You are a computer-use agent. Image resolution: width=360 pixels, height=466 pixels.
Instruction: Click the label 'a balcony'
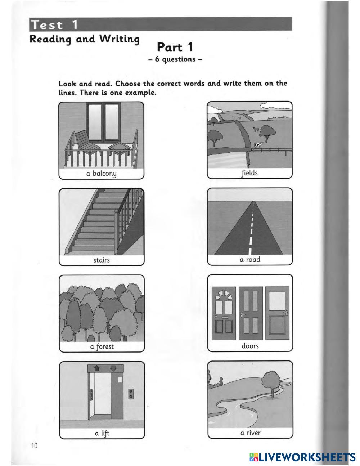[101, 174]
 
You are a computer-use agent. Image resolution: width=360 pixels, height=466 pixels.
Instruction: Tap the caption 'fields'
[249, 173]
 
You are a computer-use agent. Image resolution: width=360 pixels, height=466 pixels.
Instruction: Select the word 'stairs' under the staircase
[102, 260]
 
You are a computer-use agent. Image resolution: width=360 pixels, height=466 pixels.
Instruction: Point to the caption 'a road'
[250, 259]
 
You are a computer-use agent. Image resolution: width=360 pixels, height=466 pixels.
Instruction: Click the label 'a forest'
[102, 346]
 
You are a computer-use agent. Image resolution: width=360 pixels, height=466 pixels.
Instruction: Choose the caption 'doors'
[250, 346]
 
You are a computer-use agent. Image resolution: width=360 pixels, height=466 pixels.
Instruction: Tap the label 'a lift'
[102, 433]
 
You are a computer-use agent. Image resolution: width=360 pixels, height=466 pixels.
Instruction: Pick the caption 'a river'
[250, 433]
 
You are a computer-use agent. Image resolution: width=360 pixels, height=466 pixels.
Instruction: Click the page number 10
[34, 446]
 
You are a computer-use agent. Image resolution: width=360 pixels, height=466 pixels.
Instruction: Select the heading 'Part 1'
[175, 47]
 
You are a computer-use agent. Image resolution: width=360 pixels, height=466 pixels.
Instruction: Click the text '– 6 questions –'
[175, 59]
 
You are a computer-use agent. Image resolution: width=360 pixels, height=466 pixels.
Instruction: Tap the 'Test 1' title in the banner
[54, 25]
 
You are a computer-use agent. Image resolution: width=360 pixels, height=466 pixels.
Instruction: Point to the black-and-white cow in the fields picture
[258, 145]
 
